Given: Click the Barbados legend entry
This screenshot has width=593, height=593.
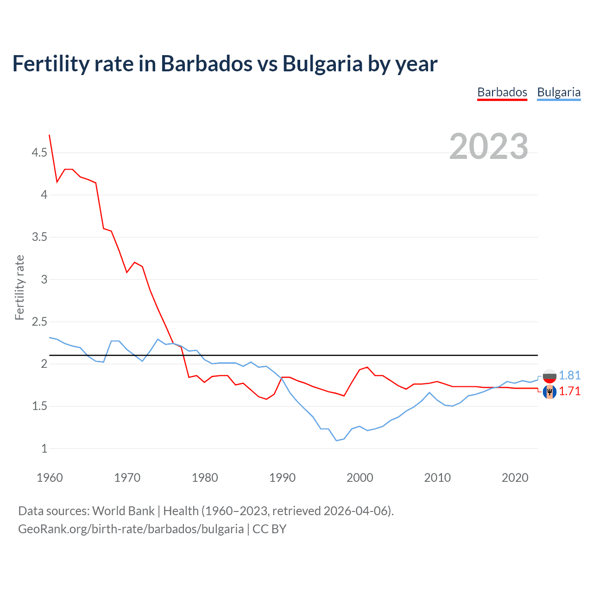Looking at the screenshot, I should click(502, 92).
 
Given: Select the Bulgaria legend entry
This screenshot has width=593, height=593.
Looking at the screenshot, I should click(559, 92).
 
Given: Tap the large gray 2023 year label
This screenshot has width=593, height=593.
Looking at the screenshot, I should click(489, 146).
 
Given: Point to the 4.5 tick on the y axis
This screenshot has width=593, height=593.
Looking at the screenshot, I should click(39, 152).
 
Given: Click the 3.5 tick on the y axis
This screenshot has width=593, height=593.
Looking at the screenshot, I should click(39, 237).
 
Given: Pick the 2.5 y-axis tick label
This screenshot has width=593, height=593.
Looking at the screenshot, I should click(39, 322).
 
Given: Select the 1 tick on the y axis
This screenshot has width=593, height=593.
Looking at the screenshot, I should click(44, 448).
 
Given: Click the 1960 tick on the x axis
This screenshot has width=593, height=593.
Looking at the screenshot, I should click(50, 478).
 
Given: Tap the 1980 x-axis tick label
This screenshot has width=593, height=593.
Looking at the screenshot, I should click(205, 478).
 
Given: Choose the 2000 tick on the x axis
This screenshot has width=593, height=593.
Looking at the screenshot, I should click(360, 478).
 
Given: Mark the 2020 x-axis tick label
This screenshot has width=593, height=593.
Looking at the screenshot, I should click(515, 478).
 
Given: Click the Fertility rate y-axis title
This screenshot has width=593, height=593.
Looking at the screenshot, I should click(19, 287).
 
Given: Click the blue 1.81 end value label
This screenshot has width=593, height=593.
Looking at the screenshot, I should click(569, 375).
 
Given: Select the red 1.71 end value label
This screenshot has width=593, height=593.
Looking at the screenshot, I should click(569, 391).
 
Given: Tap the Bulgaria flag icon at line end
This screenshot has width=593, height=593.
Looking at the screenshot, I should click(549, 376).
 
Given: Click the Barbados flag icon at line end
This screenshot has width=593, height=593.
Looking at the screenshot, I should click(549, 392).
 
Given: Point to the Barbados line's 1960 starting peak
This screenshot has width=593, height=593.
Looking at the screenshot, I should click(50, 135).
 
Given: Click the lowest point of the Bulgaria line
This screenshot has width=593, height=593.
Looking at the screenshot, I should click(336, 440).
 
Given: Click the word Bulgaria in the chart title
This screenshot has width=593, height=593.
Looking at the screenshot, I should click(322, 64).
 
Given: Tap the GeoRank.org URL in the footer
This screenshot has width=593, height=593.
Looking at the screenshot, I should click(131, 529).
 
